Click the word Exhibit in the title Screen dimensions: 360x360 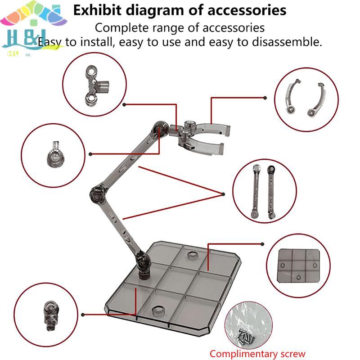point(96,10)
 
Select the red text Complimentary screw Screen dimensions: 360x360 point(257,354)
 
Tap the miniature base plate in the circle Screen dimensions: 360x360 point(295,264)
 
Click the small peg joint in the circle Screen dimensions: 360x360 point(54,154)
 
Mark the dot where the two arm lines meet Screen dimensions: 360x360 point(223,194)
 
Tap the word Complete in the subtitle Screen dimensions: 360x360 point(117,27)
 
